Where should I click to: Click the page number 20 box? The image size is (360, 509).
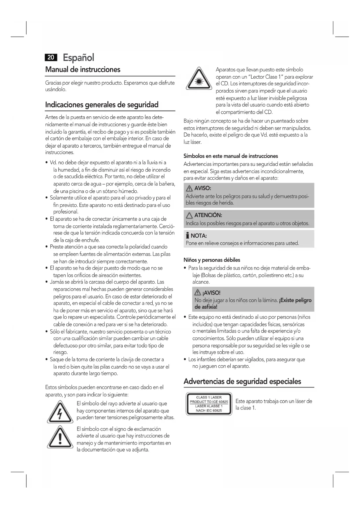[51, 57]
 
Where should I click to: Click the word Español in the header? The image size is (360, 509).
[78, 57]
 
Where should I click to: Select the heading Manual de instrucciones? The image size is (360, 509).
[83, 70]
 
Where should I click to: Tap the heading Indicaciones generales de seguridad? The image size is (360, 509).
[102, 105]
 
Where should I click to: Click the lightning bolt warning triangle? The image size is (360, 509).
[60, 412]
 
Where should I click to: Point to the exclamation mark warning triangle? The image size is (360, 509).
[60, 438]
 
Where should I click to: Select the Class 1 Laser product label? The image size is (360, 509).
[209, 404]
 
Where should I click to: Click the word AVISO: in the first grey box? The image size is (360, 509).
[202, 188]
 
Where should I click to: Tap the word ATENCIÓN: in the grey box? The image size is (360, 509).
[208, 215]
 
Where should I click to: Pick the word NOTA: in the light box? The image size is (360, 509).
[199, 236]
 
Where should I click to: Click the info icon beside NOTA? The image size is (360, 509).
[188, 236]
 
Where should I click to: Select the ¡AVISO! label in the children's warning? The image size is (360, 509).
[211, 293]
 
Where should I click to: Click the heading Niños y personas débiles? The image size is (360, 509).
[212, 260]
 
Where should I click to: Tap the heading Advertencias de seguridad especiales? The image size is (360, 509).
[242, 381]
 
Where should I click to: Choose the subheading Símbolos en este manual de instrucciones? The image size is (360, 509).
[231, 156]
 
